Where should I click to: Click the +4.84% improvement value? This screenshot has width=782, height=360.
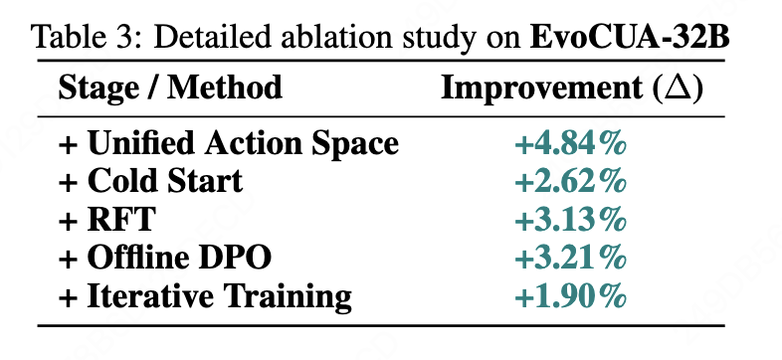[570, 144]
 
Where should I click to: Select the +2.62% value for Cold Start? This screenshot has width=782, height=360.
[570, 183]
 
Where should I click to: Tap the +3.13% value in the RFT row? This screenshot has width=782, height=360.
[570, 221]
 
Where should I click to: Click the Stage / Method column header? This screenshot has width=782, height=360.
[170, 89]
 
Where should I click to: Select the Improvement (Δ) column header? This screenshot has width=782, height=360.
[572, 89]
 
